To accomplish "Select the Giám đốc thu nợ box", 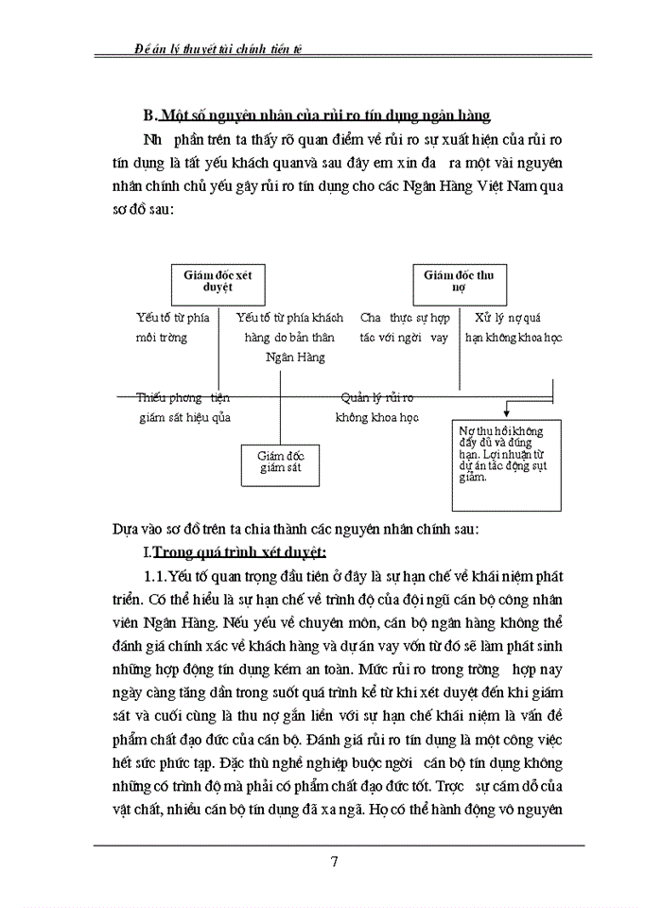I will (x=458, y=282).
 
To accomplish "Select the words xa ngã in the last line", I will (x=408, y=810).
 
